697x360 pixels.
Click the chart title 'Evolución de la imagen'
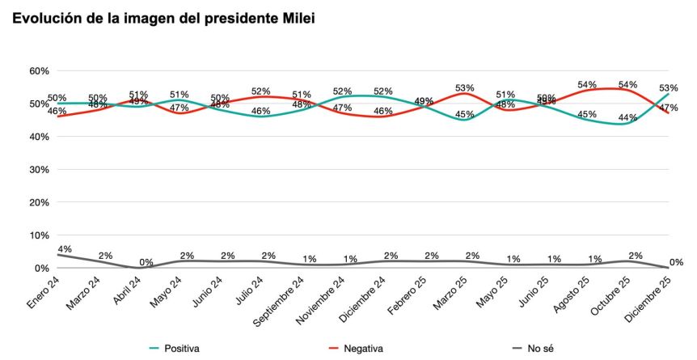(x=163, y=18)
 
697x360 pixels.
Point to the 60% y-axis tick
(x=39, y=71)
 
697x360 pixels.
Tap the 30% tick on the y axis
(x=39, y=170)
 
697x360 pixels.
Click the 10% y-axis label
(x=39, y=235)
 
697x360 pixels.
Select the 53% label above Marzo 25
(x=464, y=87)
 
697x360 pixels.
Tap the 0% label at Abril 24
(x=146, y=262)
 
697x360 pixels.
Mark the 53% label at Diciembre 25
(x=668, y=87)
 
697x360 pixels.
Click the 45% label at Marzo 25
(x=464, y=114)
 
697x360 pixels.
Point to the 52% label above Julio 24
(x=260, y=91)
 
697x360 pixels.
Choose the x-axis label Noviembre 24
(x=322, y=300)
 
